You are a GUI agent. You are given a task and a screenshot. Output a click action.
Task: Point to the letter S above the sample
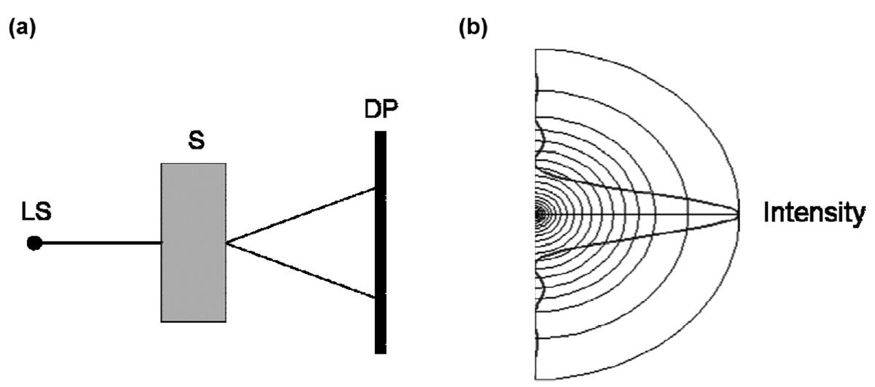coord(194,141)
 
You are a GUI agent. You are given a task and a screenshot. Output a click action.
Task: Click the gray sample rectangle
coord(193,242)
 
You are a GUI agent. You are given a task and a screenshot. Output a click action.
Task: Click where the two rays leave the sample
coord(227,243)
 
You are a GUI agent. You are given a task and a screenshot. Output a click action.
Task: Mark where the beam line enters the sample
coord(162,243)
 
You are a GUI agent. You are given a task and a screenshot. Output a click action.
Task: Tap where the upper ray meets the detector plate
coord(375,189)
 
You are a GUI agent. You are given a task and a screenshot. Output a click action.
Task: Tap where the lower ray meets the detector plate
coord(375,297)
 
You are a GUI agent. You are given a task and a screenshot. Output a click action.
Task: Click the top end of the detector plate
coord(380,133)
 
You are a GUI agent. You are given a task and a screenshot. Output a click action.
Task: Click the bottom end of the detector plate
coord(380,352)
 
